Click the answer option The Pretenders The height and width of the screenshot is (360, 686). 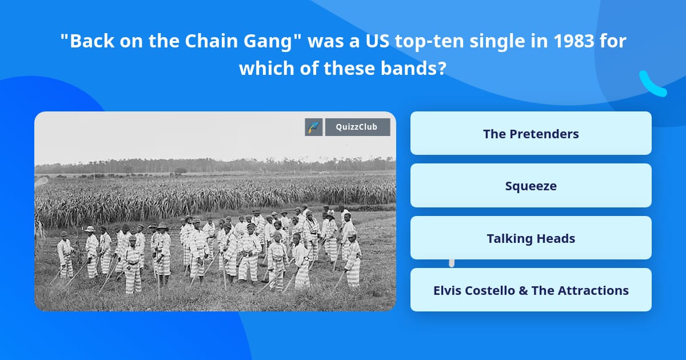click(x=531, y=134)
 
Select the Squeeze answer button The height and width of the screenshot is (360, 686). click(x=531, y=186)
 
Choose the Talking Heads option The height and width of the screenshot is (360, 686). click(x=531, y=238)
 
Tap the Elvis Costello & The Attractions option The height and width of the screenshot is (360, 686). click(x=531, y=290)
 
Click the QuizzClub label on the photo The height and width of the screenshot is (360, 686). click(x=357, y=127)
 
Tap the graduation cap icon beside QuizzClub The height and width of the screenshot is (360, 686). click(x=314, y=127)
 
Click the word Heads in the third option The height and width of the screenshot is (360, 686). click(x=557, y=238)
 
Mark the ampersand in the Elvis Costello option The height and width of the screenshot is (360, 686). click(x=523, y=290)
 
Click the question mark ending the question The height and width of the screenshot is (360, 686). click(x=442, y=68)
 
